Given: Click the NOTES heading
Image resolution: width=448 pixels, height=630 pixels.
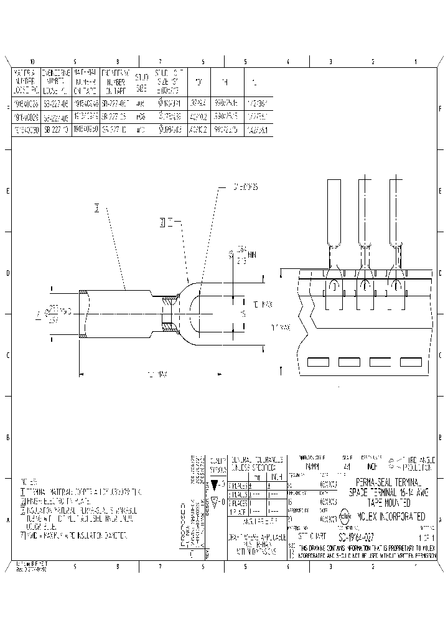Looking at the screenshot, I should click(x=29, y=482).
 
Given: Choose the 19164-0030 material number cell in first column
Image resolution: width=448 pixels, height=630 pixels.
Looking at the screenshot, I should click(x=26, y=129).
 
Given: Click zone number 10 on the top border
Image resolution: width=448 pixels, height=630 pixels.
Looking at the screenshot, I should click(x=32, y=62).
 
